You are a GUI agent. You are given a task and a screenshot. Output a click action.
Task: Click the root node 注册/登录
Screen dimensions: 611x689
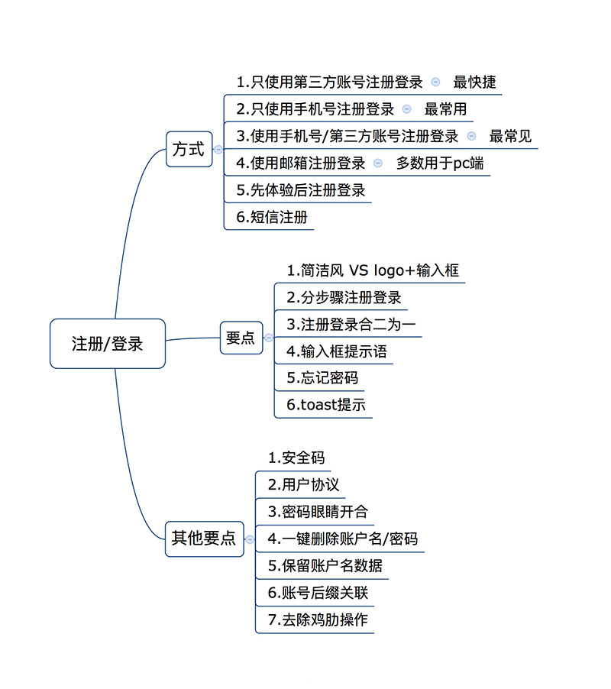pos(108,344)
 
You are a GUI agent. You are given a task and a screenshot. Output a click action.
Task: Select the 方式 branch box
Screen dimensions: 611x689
pos(189,149)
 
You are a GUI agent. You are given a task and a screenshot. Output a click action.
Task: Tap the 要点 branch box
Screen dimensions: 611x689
pos(241,338)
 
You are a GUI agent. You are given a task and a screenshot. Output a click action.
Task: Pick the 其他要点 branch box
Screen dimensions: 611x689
pos(204,539)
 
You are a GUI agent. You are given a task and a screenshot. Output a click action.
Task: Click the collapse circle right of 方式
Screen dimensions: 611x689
pos(218,150)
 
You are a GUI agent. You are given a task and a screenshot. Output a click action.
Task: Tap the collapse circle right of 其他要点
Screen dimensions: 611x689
pos(250,539)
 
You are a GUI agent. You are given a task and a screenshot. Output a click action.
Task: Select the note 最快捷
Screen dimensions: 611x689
pos(474,82)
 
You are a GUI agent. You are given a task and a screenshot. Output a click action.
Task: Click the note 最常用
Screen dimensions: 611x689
pos(445,109)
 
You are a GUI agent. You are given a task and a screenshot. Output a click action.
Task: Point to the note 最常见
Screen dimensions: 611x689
pos(510,136)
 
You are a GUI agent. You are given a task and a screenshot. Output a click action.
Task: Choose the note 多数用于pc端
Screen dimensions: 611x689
pos(440,163)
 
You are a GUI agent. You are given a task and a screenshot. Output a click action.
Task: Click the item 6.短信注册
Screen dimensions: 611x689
pos(272,217)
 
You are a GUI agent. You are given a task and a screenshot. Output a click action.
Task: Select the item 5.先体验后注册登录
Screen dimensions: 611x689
pos(301,190)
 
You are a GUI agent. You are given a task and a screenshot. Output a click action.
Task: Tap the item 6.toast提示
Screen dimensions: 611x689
pos(326,404)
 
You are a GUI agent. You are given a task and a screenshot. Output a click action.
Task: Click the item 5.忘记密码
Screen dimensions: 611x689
pos(322,377)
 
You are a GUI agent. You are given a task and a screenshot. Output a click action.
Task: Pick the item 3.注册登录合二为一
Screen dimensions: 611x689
pos(351,325)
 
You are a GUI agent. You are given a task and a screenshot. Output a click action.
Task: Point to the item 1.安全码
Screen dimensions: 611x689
pos(296,458)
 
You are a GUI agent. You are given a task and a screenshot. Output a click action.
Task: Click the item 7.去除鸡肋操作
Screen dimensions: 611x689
pos(318,619)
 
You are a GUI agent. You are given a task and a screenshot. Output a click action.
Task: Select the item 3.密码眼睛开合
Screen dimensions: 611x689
pos(318,512)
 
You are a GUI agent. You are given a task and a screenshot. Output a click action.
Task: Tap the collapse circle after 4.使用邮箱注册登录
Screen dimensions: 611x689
pos(378,163)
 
